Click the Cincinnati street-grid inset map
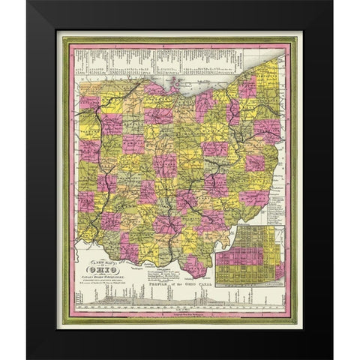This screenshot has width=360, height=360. pos(247,255)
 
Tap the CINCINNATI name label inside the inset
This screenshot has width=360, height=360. pos(268,283)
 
